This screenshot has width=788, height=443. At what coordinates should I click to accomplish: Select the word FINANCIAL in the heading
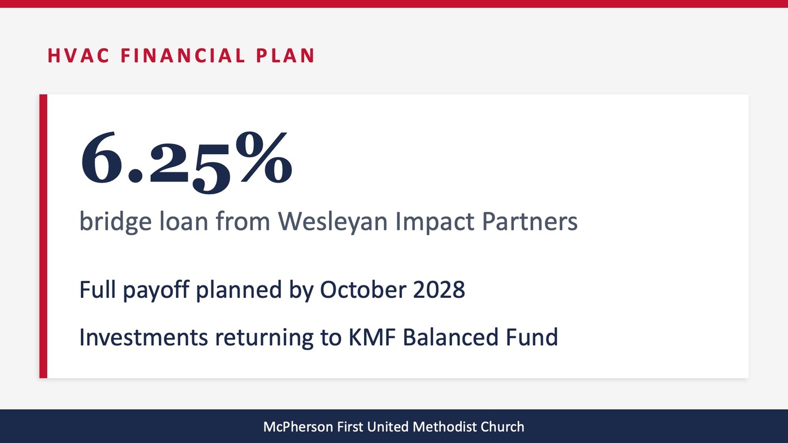pyautogui.click(x=183, y=55)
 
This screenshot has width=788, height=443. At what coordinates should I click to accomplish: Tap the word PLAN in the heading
pyautogui.click(x=285, y=55)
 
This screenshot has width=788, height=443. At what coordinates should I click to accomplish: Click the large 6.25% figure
pyautogui.click(x=187, y=162)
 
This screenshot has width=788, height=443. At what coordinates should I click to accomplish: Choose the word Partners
pyautogui.click(x=530, y=221)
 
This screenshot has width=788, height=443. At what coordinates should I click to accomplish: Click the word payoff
pyautogui.click(x=156, y=290)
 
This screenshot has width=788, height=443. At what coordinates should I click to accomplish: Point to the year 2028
pyautogui.click(x=439, y=290)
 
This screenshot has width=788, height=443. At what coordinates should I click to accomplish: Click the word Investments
pyautogui.click(x=144, y=337)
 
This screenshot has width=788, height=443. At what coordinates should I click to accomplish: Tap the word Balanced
pyautogui.click(x=450, y=336)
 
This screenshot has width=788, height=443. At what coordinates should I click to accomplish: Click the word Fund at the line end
pyautogui.click(x=531, y=336)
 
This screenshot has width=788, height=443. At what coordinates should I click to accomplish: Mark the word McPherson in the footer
pyautogui.click(x=298, y=427)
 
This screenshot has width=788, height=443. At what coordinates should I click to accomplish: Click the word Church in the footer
pyautogui.click(x=502, y=427)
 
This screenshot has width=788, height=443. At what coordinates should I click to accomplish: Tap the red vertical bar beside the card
pyautogui.click(x=44, y=236)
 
